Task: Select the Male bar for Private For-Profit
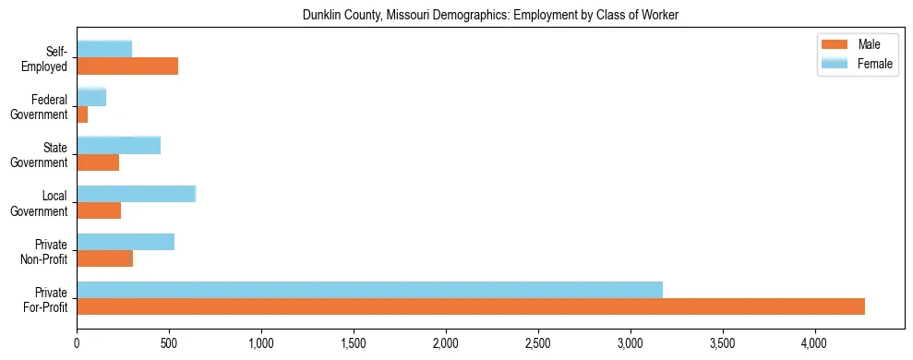click(471, 306)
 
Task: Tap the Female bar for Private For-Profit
click(369, 290)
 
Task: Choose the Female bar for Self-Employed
click(104, 49)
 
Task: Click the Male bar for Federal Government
click(82, 114)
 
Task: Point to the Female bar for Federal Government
click(91, 97)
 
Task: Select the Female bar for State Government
click(118, 145)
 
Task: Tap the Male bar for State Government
click(98, 162)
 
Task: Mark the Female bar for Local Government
click(136, 193)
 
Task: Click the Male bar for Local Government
click(99, 210)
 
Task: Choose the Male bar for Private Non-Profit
click(104, 258)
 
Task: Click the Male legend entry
click(856, 45)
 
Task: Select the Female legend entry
click(856, 63)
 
